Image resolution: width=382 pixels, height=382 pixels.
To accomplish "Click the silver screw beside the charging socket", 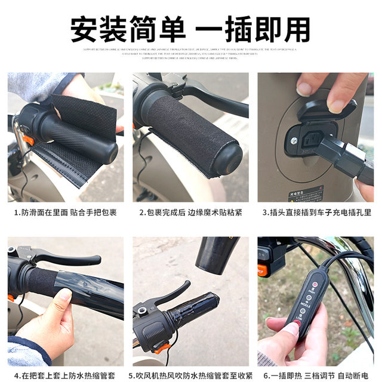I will click(295, 141).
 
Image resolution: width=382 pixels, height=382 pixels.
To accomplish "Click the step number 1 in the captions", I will click(16, 212).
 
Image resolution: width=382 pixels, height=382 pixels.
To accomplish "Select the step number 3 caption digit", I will click(264, 212).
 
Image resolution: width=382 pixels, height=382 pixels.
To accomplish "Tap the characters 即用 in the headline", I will click(286, 27).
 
